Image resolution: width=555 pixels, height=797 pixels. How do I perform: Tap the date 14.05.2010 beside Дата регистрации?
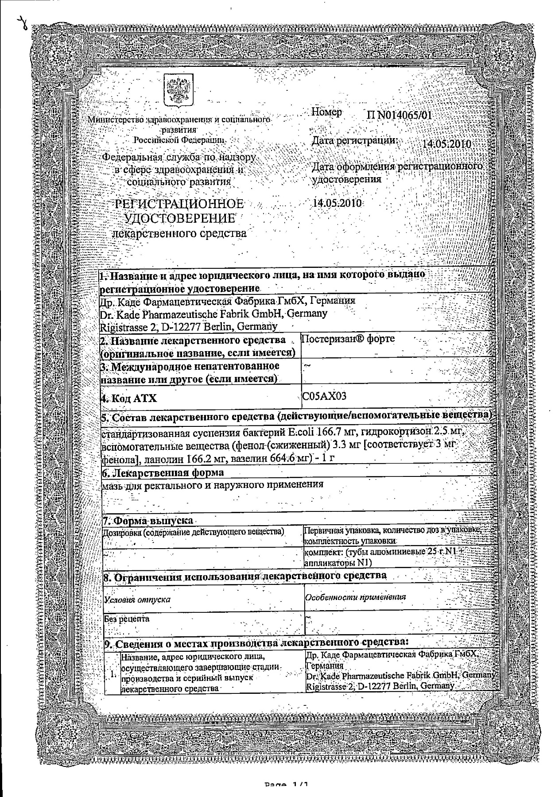point(446,144)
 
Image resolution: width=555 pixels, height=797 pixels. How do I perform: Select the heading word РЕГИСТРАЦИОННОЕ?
point(179,204)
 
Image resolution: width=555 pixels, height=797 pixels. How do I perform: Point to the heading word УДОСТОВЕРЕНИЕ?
point(179,218)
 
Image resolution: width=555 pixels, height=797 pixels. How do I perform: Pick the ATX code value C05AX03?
point(324,396)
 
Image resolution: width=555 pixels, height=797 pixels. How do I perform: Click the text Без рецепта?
point(127,619)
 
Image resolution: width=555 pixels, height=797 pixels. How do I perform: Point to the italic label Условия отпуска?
point(138,600)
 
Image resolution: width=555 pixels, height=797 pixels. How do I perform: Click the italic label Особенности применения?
point(356,597)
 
